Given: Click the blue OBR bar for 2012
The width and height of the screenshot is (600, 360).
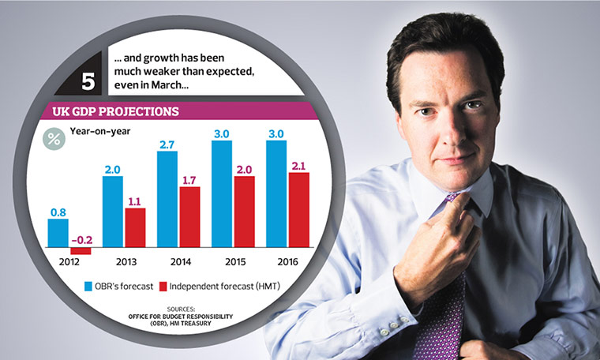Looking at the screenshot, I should (58, 232).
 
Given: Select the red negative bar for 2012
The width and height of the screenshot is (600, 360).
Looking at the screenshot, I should (81, 250).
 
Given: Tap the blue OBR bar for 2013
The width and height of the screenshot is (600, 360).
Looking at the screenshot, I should (113, 211).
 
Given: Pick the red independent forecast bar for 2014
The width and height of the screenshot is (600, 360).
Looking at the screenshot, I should (189, 216).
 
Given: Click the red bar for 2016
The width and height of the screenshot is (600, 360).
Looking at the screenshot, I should (298, 209).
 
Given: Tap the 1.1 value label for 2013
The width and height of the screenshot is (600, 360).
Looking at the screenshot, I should (135, 201).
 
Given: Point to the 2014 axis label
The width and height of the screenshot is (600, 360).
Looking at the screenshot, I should (178, 260).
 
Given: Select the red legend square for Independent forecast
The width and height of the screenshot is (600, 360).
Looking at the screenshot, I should (164, 286).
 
